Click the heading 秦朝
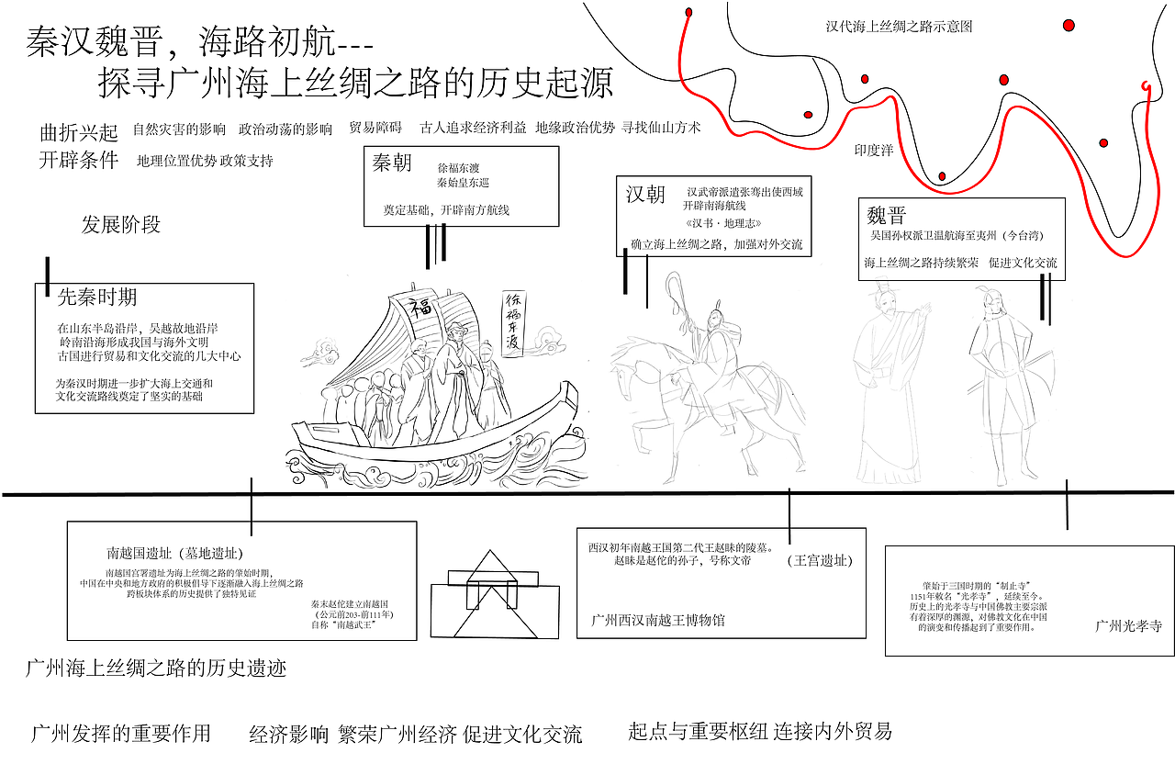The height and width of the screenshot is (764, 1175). click(x=392, y=164)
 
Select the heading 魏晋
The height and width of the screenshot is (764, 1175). click(x=886, y=216)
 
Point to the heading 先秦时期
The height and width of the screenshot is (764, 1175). click(x=97, y=297)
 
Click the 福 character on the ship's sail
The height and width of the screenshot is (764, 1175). click(x=420, y=305)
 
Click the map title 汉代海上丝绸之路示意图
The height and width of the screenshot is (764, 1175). click(x=899, y=27)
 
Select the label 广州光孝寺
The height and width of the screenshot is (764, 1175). click(x=1128, y=626)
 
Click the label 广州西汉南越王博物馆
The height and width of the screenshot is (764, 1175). click(x=658, y=620)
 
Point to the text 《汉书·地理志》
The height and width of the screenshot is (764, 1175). click(x=723, y=224)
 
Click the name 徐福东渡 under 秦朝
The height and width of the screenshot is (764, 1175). click(x=458, y=168)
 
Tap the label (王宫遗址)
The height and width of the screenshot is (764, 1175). click(x=820, y=561)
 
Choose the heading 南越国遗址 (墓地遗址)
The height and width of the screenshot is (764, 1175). click(x=174, y=553)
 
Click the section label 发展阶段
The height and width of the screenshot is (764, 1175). click(x=121, y=225)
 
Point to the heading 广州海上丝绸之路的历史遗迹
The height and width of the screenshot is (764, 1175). click(x=156, y=668)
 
